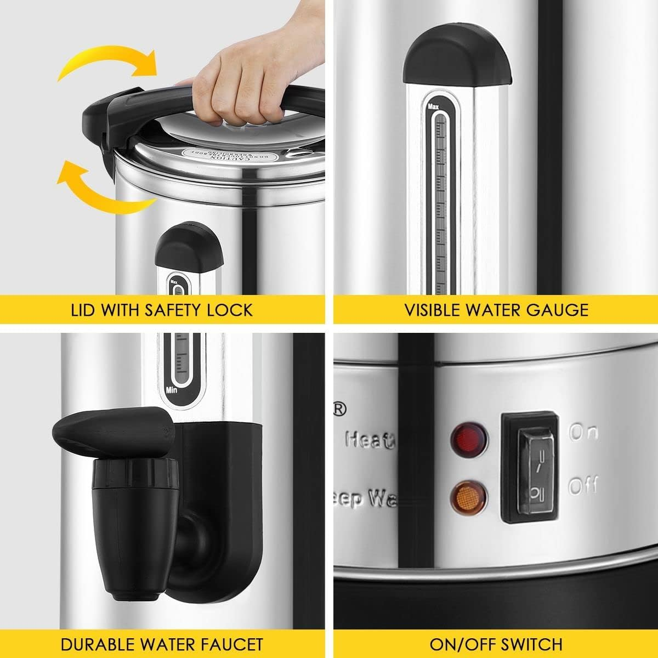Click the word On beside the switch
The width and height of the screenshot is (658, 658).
tap(583, 433)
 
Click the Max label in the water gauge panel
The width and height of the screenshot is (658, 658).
tap(432, 104)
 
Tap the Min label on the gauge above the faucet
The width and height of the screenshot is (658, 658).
tap(171, 390)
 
